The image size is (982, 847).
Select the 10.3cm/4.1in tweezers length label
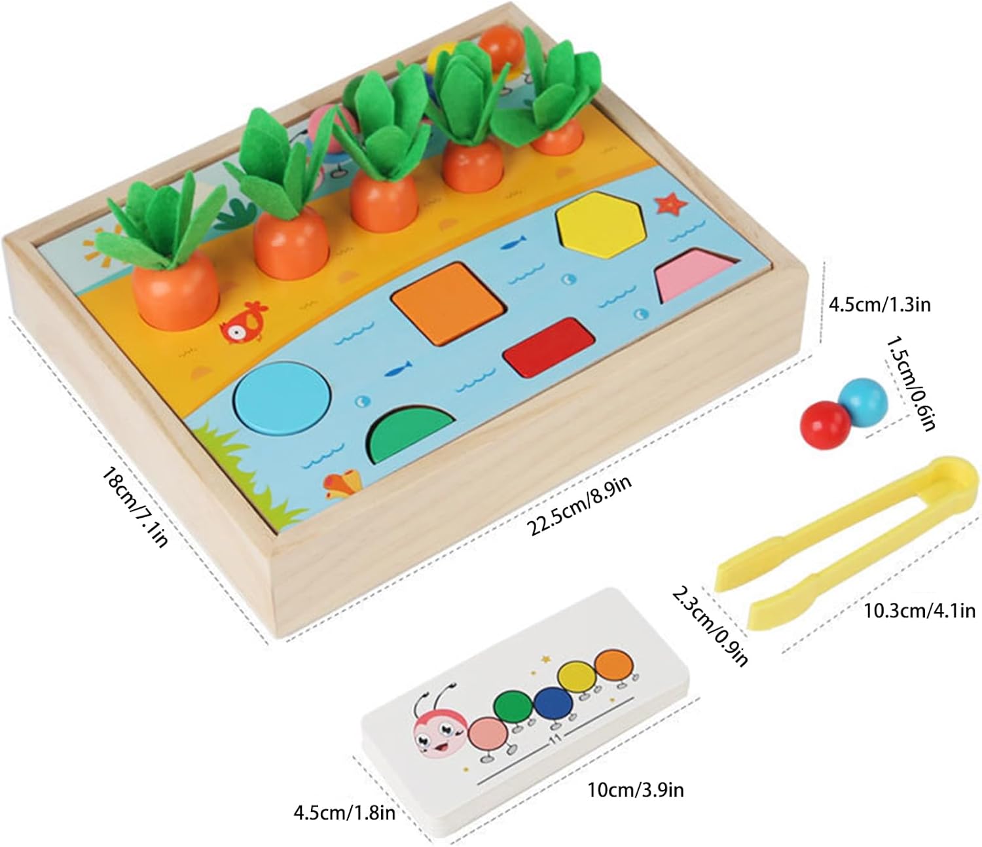(x=919, y=611)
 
